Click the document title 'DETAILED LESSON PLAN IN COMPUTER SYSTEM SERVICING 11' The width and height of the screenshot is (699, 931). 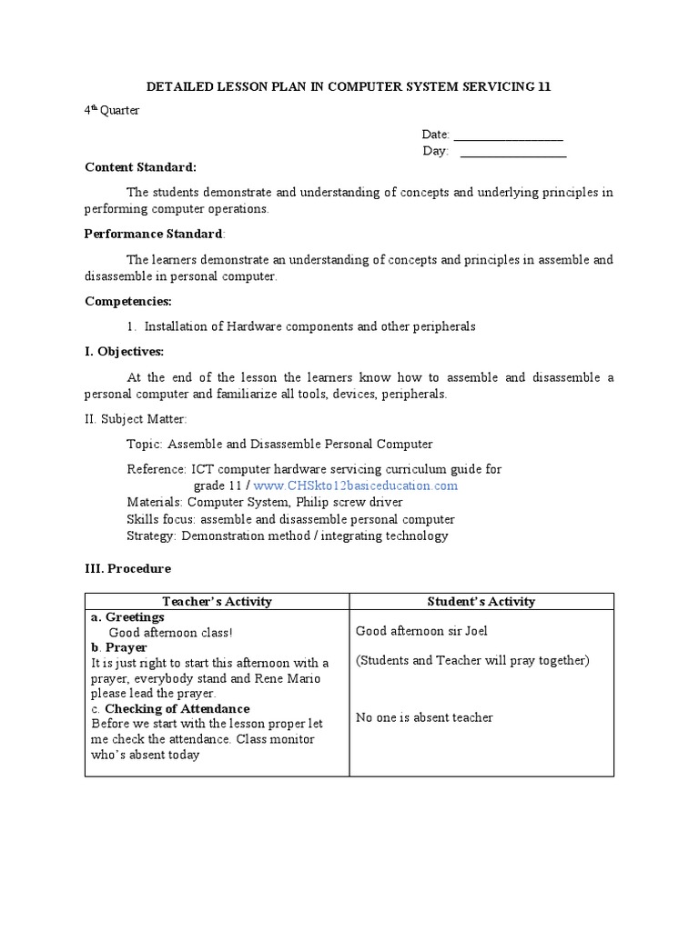click(349, 86)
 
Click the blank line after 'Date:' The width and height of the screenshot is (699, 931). click(508, 135)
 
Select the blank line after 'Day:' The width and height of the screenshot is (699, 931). click(513, 152)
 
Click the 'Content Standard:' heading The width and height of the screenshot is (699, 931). click(140, 167)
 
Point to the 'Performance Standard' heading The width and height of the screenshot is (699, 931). click(153, 234)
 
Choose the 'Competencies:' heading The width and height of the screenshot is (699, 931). click(128, 301)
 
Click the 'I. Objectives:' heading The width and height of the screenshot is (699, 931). click(125, 352)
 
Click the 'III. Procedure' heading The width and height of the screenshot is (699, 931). click(127, 568)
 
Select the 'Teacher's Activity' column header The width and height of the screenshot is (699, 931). click(217, 601)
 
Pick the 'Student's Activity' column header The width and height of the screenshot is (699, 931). click(481, 601)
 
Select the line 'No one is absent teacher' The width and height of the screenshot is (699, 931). click(424, 717)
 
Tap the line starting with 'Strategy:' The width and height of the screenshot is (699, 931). click(288, 536)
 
